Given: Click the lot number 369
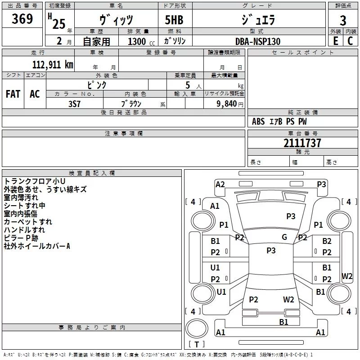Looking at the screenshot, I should (x=22, y=19).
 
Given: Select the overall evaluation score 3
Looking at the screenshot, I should (x=343, y=21).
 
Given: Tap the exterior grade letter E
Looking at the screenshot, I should (x=335, y=41).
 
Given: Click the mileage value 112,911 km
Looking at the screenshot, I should (x=53, y=64).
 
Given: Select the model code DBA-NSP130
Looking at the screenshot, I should (x=258, y=41).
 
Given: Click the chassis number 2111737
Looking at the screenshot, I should (x=302, y=144).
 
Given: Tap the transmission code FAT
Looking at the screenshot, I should (x=13, y=94).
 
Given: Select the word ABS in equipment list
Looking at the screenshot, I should (x=258, y=121).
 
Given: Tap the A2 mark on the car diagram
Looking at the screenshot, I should (x=220, y=184).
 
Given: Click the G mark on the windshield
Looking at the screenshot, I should (x=284, y=237).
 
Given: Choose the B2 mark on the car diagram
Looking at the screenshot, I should (x=327, y=242).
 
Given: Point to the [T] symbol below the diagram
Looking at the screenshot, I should (x=196, y=345).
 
